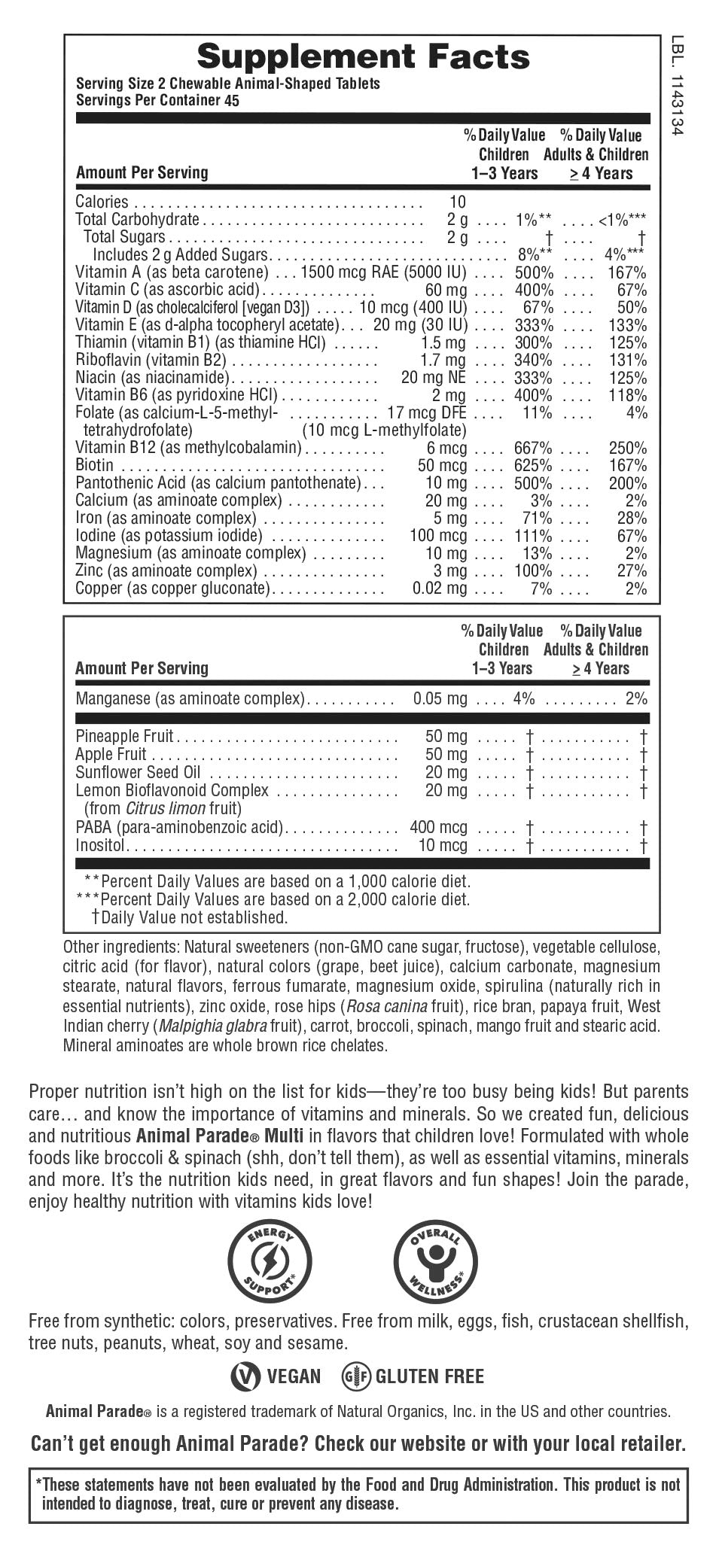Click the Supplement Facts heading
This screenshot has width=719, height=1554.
363,56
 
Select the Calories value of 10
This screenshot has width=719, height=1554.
458,202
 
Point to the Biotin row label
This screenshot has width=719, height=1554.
95,466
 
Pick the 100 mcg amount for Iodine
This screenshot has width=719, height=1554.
438,536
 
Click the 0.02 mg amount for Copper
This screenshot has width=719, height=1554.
440,588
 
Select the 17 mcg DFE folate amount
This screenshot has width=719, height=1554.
427,413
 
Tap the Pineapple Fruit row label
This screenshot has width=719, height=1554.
124,736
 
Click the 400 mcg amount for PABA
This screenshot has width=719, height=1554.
438,828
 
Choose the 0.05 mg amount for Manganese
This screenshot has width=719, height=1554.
440,699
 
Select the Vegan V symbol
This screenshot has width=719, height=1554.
243,1376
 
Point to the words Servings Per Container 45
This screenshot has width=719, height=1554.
157,101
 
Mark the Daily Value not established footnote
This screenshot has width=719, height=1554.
189,917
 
